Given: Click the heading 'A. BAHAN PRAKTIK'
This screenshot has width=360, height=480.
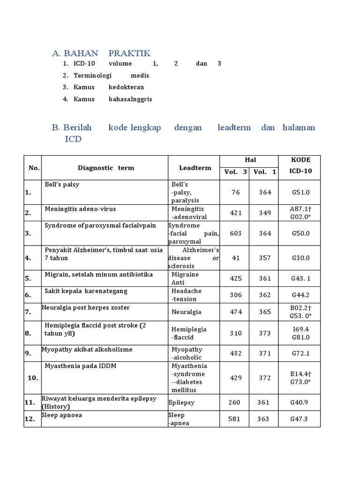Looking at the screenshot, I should click(101, 53).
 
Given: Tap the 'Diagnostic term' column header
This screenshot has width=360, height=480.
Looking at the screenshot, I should click(106, 168).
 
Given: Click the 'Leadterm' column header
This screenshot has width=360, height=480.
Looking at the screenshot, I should click(195, 168).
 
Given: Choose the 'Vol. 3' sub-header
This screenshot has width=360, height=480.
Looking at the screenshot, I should click(235, 172).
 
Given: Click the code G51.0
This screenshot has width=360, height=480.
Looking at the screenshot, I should click(300, 192).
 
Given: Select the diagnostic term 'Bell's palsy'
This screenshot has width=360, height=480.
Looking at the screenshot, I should click(62, 185).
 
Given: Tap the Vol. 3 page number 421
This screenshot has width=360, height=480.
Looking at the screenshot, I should click(236, 213).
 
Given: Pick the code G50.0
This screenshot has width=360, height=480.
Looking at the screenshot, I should click(300, 233).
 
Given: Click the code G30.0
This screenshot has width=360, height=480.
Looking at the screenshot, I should click(300, 258).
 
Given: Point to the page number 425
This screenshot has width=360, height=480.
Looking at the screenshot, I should click(236, 278).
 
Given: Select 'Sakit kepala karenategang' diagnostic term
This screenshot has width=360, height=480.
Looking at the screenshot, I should click(86, 291).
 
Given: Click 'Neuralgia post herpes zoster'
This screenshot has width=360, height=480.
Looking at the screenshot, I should click(86, 307).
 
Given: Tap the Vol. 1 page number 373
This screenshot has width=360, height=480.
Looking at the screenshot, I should click(265, 333).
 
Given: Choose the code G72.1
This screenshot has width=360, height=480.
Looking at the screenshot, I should click(300, 353).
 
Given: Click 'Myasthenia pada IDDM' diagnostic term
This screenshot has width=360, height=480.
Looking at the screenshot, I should click(80, 366).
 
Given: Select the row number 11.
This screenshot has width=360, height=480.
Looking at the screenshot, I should click(30, 403).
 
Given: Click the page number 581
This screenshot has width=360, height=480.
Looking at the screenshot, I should click(234, 419).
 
